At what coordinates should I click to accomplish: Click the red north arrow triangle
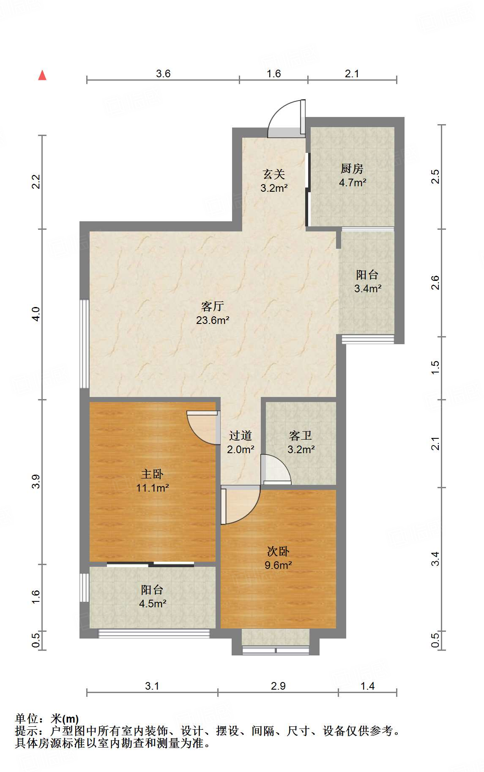click(x=42, y=75)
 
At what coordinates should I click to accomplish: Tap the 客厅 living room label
click(x=213, y=306)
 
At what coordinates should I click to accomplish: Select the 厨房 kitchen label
click(x=352, y=169)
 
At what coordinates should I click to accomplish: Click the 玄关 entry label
click(x=274, y=174)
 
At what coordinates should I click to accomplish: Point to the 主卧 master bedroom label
click(x=152, y=474)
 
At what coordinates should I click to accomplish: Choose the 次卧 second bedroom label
click(x=278, y=551)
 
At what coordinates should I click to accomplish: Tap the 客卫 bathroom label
click(x=301, y=435)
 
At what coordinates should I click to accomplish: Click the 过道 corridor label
click(x=241, y=435)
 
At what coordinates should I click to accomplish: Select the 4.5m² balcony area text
click(x=153, y=603)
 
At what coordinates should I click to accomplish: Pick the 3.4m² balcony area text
click(x=368, y=288)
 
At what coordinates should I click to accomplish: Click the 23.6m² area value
click(x=213, y=320)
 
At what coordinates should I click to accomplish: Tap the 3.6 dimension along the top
click(x=163, y=73)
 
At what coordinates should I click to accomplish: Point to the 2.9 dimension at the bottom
click(x=278, y=686)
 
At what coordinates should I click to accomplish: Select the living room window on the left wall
click(x=85, y=344)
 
